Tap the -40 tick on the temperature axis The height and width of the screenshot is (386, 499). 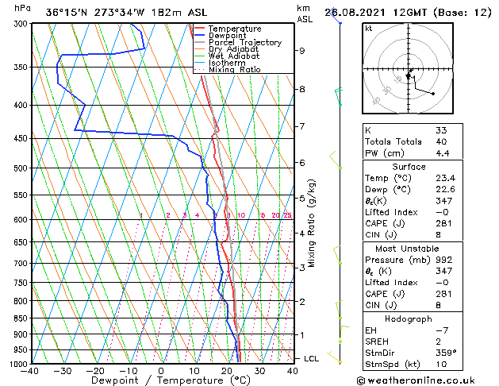[x=30, y=370]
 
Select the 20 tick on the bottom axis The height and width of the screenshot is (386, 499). [x=227, y=370]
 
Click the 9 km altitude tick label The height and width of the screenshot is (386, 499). [x=301, y=50]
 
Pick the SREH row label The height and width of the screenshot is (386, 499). [x=378, y=341]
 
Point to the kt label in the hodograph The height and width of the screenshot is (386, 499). [x=370, y=28]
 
